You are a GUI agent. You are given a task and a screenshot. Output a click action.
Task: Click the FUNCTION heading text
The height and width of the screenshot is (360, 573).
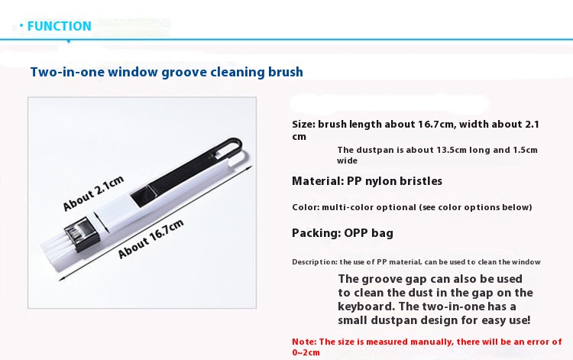pyautogui.click(x=59, y=26)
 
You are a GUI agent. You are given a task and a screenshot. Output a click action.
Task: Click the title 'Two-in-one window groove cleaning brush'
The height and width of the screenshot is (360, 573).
pyautogui.click(x=167, y=72)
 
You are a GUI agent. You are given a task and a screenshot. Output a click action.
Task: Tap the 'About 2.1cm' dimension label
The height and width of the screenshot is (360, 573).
pyautogui.click(x=93, y=193)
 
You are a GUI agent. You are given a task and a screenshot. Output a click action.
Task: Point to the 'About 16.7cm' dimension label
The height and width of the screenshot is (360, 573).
pyautogui.click(x=151, y=239)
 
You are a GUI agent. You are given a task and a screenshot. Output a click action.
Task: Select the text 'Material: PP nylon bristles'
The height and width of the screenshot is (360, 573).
pyautogui.click(x=367, y=181)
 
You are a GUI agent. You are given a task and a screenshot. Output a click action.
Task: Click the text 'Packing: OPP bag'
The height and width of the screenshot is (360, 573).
pyautogui.click(x=342, y=233)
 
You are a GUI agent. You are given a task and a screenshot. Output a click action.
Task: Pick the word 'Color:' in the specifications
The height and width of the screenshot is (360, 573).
pyautogui.click(x=306, y=207)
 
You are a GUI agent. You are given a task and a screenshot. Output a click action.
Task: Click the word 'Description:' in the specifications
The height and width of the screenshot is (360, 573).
pyautogui.click(x=315, y=262)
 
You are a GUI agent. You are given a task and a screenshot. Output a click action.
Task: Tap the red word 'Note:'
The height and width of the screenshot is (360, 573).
pyautogui.click(x=304, y=342)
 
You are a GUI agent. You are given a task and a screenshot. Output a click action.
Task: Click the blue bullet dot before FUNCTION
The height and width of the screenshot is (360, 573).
pyautogui.click(x=21, y=25)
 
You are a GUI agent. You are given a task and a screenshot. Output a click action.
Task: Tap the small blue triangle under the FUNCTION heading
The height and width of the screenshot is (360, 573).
pyautogui.click(x=68, y=41)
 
